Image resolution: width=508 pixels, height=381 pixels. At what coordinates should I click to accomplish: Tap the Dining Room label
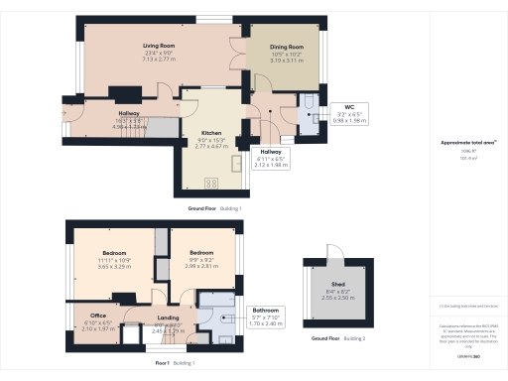coord(288,47)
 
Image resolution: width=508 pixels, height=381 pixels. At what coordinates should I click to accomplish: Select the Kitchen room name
coord(212,132)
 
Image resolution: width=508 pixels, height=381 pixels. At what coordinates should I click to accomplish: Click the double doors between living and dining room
coord(238,55)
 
